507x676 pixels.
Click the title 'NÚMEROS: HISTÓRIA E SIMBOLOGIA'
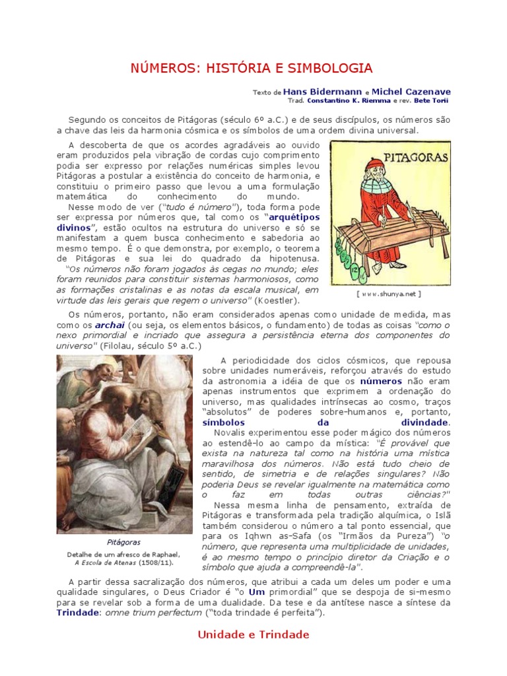tap(253, 68)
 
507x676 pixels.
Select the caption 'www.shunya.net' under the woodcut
tap(388, 294)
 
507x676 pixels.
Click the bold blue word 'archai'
tap(110, 325)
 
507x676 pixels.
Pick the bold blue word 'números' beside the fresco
tap(381, 382)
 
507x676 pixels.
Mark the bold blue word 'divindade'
tap(425, 422)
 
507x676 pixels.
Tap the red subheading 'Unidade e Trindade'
tap(253, 634)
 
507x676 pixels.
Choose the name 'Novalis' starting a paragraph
tap(223, 432)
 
